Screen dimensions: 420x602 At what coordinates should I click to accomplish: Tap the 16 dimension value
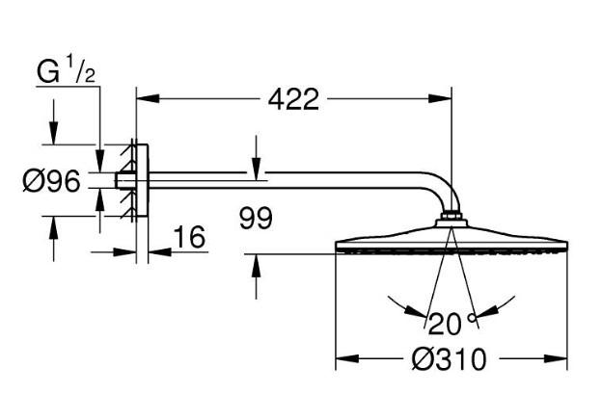[x=190, y=238]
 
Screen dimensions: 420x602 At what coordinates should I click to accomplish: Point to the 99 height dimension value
[x=256, y=218]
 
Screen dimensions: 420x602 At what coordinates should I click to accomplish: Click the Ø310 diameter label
[x=449, y=360]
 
